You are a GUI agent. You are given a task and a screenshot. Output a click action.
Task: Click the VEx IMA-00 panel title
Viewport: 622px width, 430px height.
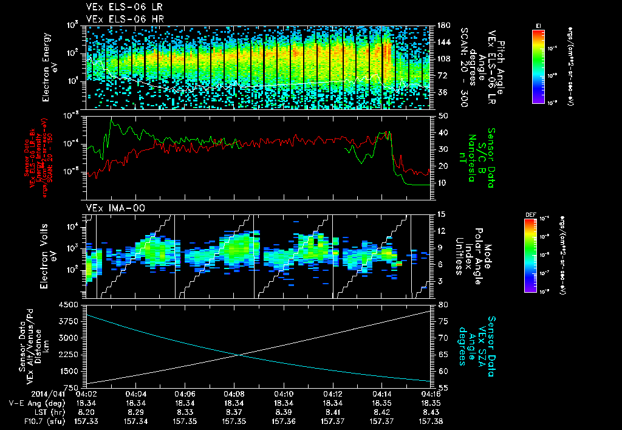tap(109, 208)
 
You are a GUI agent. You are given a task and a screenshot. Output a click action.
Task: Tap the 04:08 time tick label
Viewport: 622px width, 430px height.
tap(234, 394)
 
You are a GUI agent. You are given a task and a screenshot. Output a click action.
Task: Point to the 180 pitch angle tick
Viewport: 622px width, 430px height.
tap(443, 26)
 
